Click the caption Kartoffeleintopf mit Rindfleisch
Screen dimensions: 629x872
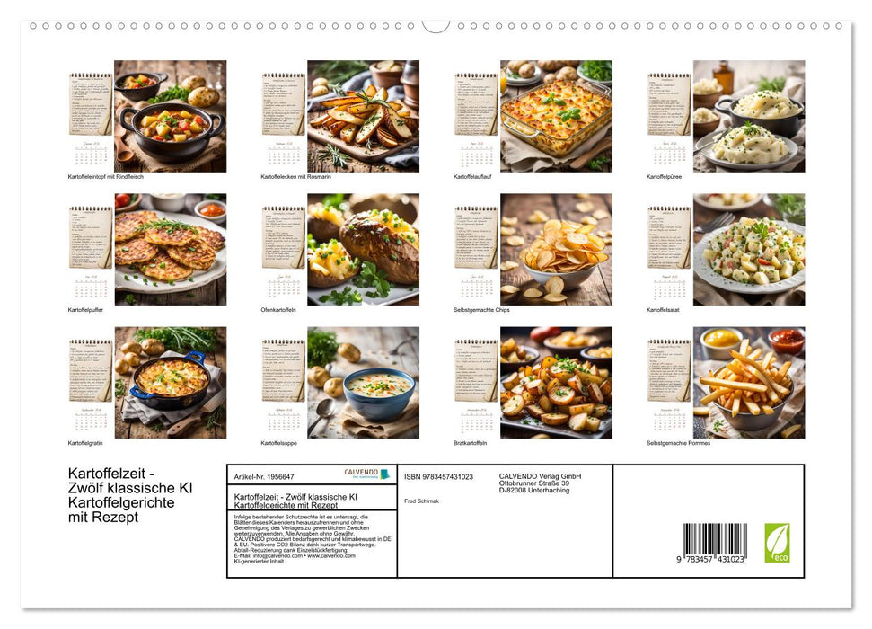click(x=106, y=177)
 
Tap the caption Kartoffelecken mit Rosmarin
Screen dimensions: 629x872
click(x=295, y=177)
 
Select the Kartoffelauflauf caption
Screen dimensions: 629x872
click(x=475, y=177)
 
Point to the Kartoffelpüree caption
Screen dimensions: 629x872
click(x=665, y=177)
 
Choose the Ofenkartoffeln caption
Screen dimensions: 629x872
click(x=279, y=310)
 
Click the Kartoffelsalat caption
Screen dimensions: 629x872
click(x=665, y=310)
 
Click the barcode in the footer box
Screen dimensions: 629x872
click(x=714, y=542)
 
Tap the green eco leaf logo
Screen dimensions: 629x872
click(x=777, y=542)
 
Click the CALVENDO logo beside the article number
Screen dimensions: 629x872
click(x=366, y=474)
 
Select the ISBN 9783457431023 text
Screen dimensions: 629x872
click(x=438, y=476)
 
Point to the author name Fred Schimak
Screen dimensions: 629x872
click(x=422, y=500)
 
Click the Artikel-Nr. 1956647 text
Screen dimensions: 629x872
click(x=264, y=476)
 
